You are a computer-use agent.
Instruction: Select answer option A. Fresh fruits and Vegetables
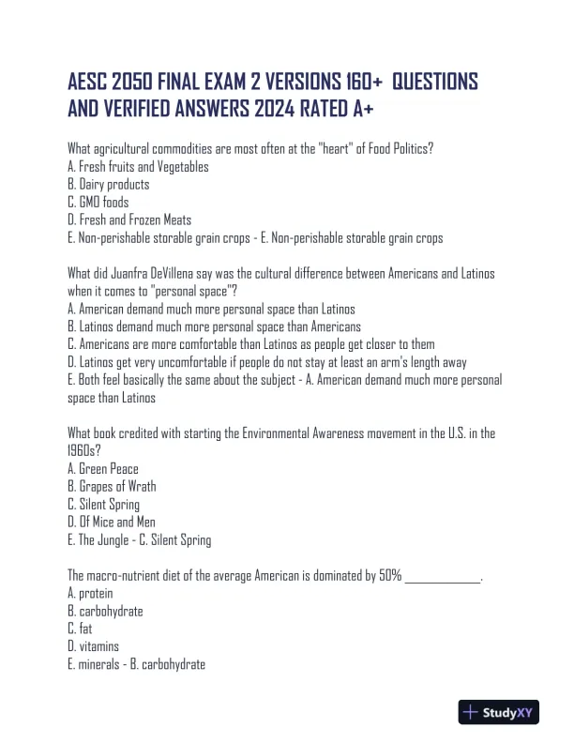pos(139,167)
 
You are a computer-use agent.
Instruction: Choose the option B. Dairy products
pos(109,185)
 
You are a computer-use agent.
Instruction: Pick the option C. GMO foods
pos(98,203)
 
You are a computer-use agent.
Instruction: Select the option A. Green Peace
pos(103,469)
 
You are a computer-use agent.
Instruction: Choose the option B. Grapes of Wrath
pos(113,487)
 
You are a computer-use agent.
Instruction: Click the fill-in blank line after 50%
pos(442,577)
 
